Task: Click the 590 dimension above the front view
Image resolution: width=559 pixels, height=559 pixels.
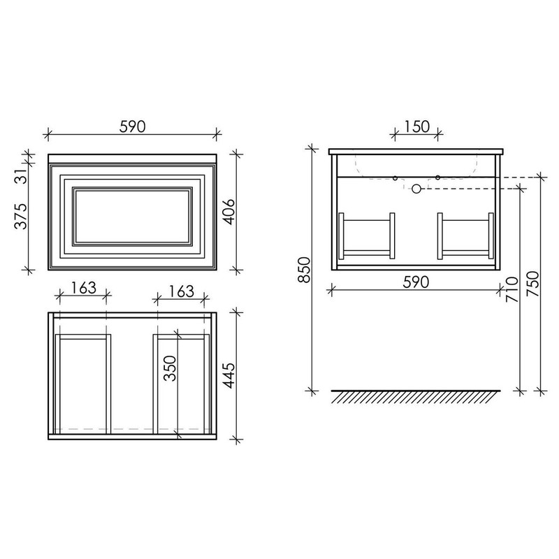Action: (x=132, y=126)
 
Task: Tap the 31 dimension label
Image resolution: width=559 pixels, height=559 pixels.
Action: (x=22, y=176)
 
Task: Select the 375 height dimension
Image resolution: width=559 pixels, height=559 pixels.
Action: (x=21, y=217)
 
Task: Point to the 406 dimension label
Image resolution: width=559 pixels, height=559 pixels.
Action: (x=228, y=212)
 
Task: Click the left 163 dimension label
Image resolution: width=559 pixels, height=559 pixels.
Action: (x=82, y=288)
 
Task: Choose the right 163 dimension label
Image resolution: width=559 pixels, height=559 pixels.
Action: (x=181, y=291)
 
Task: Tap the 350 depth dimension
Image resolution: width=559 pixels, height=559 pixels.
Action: (x=170, y=368)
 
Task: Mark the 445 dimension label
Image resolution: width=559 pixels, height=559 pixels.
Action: (x=229, y=375)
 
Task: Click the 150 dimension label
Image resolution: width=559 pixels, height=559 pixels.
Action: (x=416, y=126)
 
